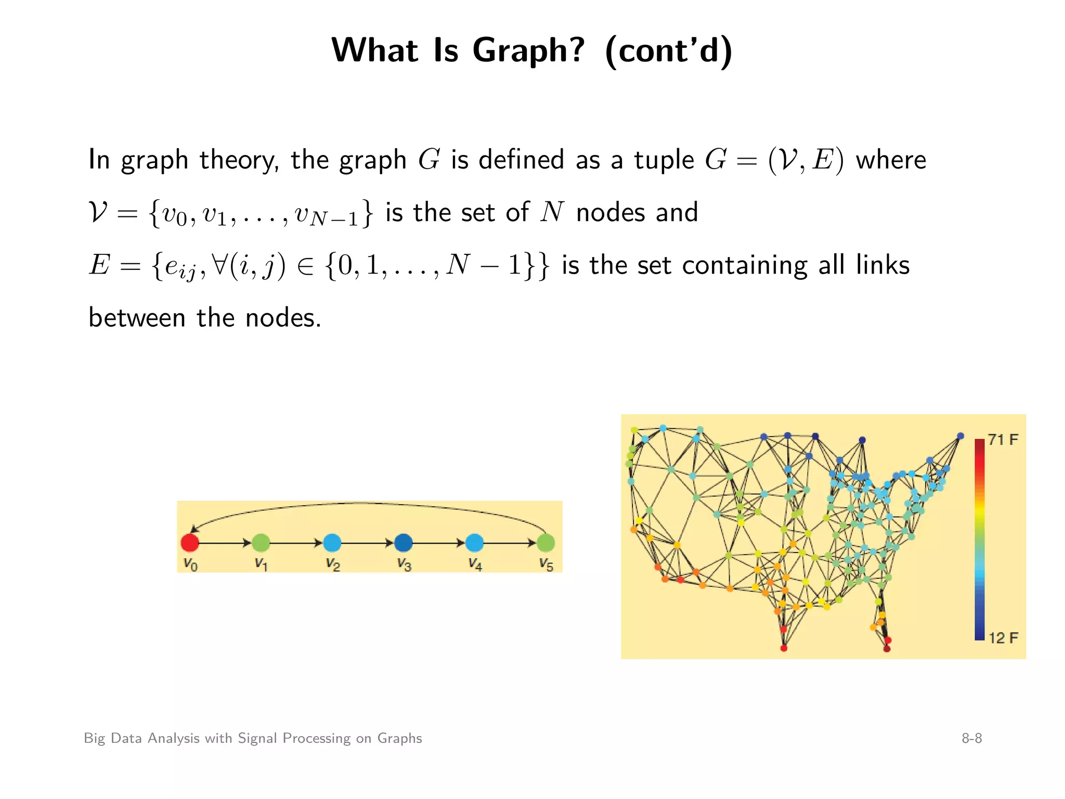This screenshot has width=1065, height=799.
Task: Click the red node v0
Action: click(x=190, y=543)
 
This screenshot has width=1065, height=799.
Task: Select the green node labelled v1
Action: click(x=261, y=543)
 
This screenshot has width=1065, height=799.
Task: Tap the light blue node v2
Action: click(x=332, y=543)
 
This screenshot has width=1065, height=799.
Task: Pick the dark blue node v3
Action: click(x=403, y=543)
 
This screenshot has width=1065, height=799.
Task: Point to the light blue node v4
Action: click(x=474, y=543)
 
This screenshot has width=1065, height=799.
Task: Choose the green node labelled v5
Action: click(x=546, y=543)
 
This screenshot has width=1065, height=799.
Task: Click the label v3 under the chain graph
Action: click(x=404, y=564)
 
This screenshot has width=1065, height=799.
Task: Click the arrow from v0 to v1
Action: click(x=225, y=543)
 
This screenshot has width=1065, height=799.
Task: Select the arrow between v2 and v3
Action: click(x=367, y=543)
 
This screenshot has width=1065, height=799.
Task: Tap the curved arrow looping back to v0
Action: click(x=364, y=504)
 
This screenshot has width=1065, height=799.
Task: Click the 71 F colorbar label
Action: click(x=1003, y=440)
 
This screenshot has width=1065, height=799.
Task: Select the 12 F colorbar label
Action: click(x=1003, y=638)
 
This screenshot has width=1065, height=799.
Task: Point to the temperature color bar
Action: click(x=980, y=539)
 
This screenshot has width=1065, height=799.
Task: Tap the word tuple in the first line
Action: click(x=664, y=160)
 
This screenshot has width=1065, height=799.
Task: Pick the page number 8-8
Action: click(x=971, y=738)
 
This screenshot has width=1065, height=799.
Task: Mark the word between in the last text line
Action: click(x=137, y=318)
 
